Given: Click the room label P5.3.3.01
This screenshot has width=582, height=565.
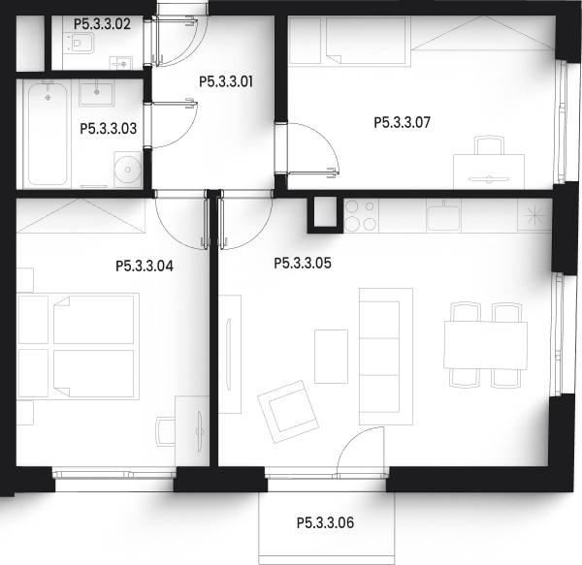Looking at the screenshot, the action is click(226, 82).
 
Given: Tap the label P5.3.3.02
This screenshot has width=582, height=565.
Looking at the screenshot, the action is click(102, 24).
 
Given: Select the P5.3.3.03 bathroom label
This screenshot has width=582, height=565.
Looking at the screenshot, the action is click(109, 129).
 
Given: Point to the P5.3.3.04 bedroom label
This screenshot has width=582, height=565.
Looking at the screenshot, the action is click(145, 267).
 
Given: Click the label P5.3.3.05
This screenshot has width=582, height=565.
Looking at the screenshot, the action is click(303, 264).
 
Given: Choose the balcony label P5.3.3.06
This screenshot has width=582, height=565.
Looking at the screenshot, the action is click(325, 522).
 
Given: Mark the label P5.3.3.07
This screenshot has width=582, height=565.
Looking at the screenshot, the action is click(402, 122).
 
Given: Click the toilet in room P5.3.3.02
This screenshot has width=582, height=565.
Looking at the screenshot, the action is click(79, 44).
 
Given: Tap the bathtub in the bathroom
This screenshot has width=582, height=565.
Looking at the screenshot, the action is click(48, 134).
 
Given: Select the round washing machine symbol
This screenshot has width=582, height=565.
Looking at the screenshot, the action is click(128, 170).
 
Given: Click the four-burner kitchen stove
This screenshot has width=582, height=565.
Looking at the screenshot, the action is click(361, 215).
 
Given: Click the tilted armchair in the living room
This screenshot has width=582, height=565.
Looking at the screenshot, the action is click(288, 412).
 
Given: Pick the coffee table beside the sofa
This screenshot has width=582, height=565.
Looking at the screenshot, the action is click(331, 357).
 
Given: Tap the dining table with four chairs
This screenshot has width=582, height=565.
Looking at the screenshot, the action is click(486, 345).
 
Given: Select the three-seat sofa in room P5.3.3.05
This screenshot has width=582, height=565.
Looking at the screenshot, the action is click(386, 357).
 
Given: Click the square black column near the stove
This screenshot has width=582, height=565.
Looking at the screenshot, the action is click(325, 214).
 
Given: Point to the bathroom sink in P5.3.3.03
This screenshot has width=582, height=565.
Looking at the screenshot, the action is click(96, 94).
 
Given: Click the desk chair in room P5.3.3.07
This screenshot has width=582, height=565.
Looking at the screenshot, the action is click(490, 145).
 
